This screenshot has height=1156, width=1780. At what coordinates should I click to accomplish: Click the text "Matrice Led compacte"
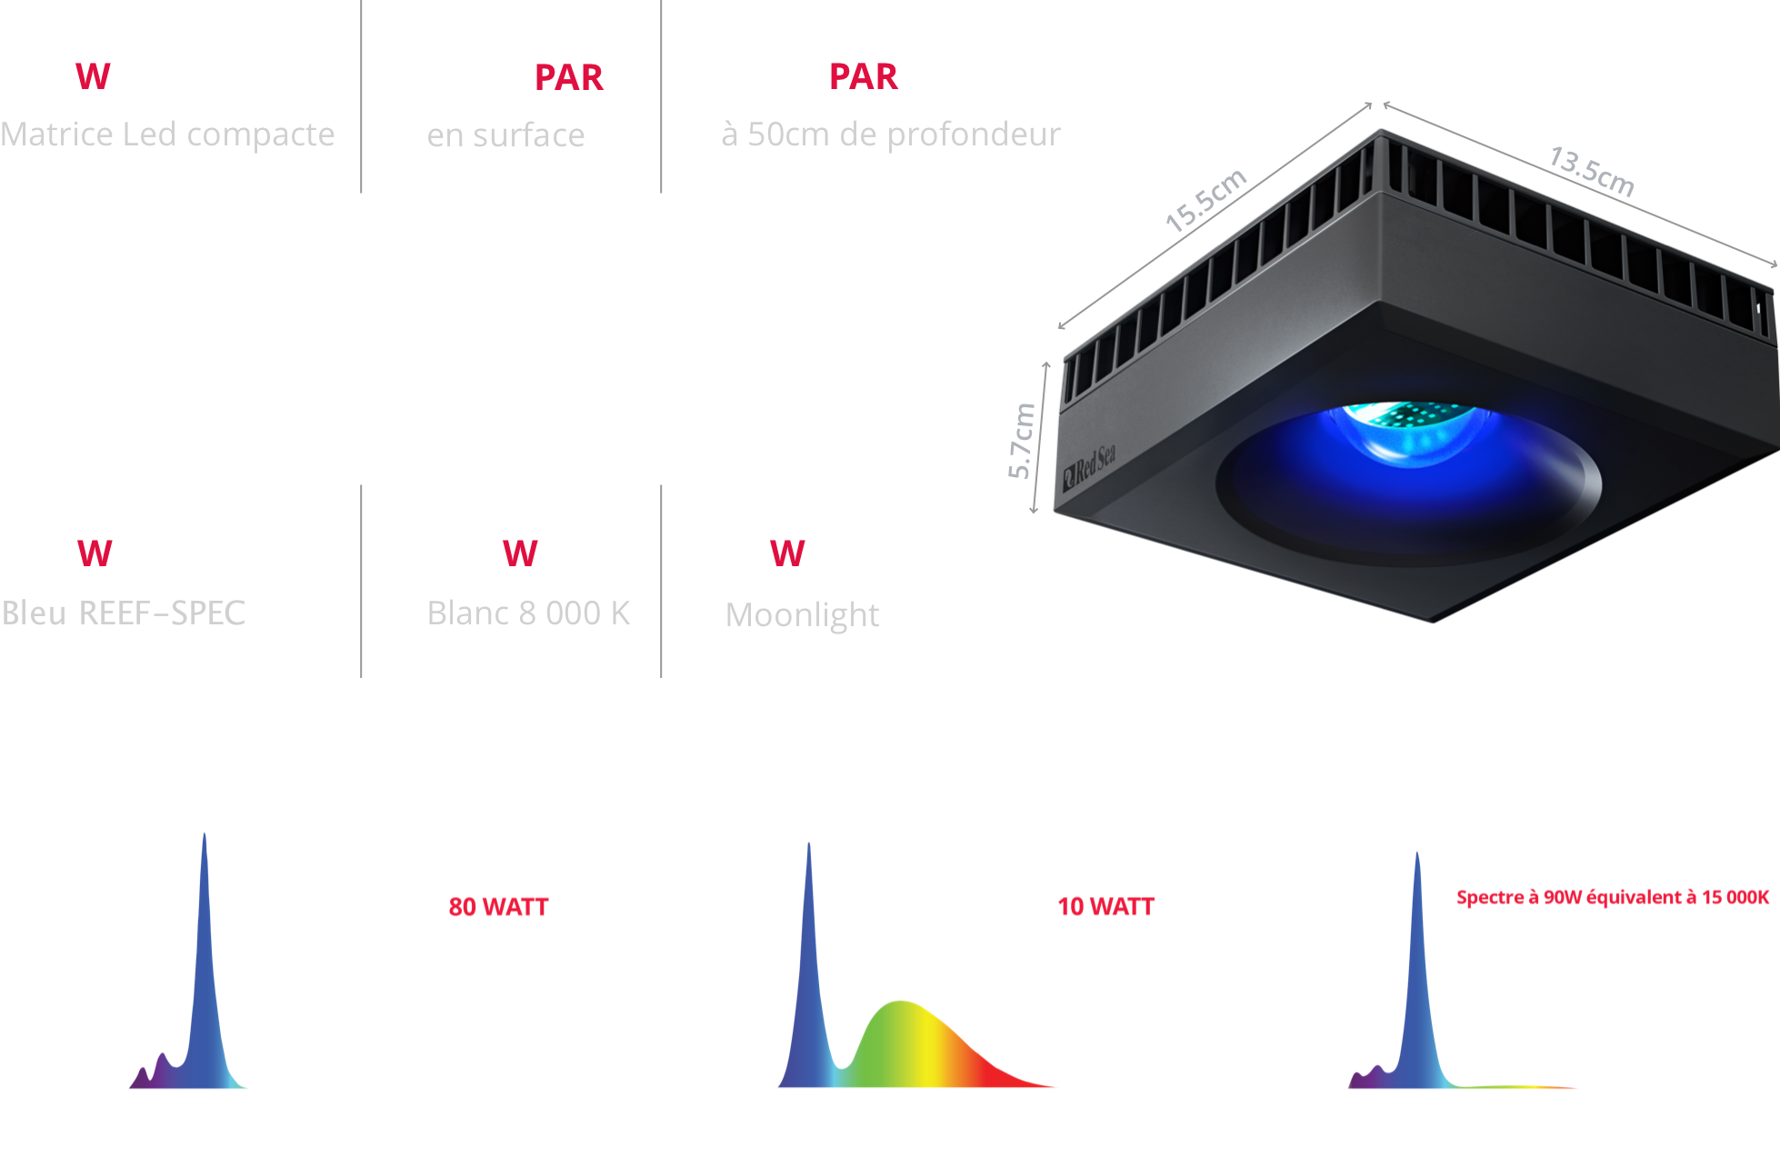pyautogui.click(x=167, y=135)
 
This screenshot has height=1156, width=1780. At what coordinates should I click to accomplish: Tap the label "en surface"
pyautogui.click(x=505, y=135)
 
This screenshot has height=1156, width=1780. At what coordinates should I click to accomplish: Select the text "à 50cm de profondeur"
pyautogui.click(x=891, y=135)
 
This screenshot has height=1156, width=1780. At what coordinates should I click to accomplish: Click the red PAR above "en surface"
pyautogui.click(x=569, y=77)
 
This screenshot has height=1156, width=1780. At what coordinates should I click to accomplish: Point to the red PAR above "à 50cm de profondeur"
pyautogui.click(x=864, y=76)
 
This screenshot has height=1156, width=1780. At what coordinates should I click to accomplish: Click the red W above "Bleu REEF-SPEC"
pyautogui.click(x=95, y=553)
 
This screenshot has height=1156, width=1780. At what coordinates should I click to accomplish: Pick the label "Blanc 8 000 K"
pyautogui.click(x=528, y=613)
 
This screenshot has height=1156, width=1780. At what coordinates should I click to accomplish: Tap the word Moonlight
pyautogui.click(x=802, y=615)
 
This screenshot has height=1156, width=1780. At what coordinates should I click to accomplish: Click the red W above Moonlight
pyautogui.click(x=787, y=553)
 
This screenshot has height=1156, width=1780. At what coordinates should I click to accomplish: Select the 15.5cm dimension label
pyautogui.click(x=1206, y=200)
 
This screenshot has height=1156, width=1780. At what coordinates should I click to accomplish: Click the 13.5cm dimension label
pyautogui.click(x=1592, y=171)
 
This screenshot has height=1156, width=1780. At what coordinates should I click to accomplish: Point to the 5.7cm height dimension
pyautogui.click(x=1022, y=441)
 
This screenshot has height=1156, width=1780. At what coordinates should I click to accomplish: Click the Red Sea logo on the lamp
pyautogui.click(x=1089, y=467)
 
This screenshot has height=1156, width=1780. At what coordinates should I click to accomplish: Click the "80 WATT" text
pyautogui.click(x=498, y=907)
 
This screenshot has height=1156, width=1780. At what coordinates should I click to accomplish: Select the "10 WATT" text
pyautogui.click(x=1105, y=906)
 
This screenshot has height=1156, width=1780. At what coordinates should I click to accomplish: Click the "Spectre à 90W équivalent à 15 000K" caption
pyautogui.click(x=1613, y=897)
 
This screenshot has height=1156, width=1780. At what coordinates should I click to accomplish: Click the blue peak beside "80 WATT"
pyautogui.click(x=205, y=982)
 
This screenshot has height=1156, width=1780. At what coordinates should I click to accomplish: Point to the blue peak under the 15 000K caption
pyautogui.click(x=1417, y=991)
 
